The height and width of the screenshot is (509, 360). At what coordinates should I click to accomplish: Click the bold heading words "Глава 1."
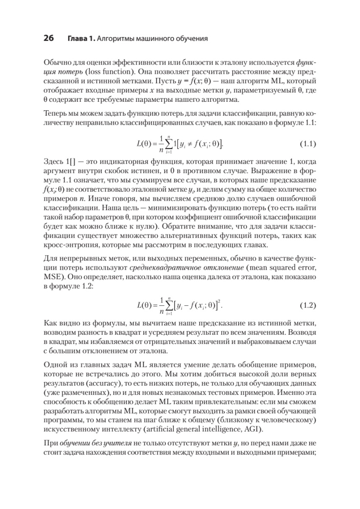point(81,39)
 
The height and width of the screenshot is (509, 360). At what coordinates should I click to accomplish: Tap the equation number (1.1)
point(308,143)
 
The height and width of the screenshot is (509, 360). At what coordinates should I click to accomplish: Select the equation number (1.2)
point(308,305)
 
